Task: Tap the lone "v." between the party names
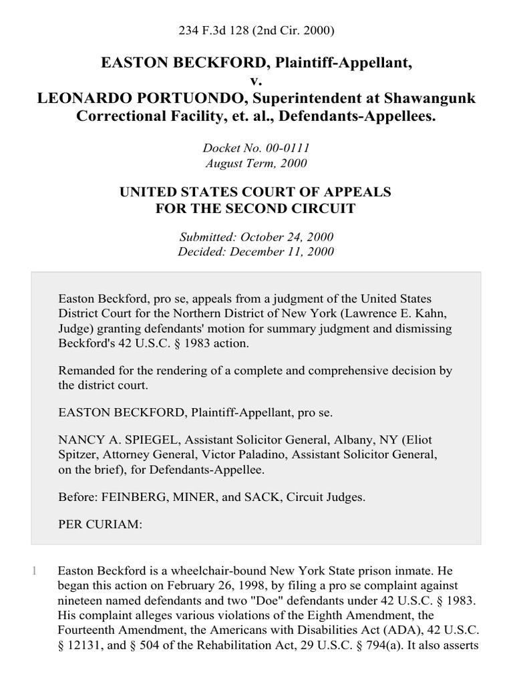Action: click(x=256, y=81)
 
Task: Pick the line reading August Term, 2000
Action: click(x=256, y=162)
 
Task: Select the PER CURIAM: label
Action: click(x=100, y=525)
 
